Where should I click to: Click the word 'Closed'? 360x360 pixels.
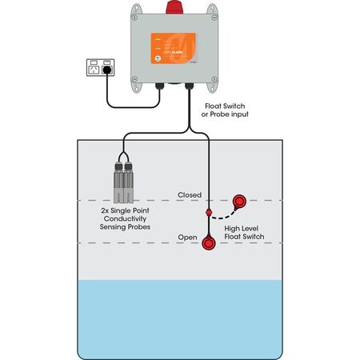click(189, 194)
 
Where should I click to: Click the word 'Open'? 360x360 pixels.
click(187, 238)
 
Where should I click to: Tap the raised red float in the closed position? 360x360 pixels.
click(239, 203)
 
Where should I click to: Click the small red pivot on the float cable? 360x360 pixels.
click(208, 213)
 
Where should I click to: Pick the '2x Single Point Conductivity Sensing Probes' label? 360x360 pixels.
click(126, 219)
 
